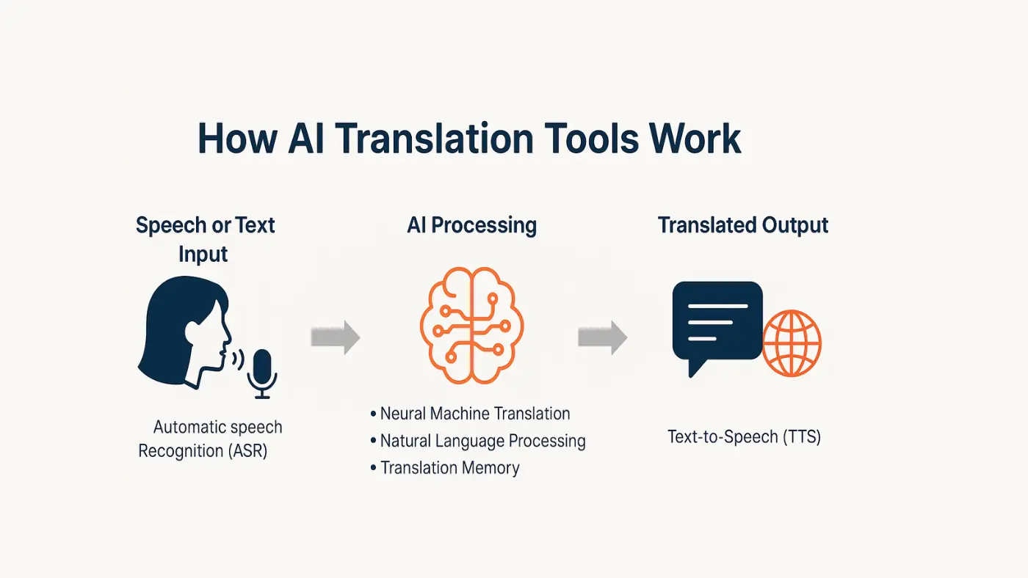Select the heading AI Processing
[471, 225]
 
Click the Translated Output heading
[743, 225]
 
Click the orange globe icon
[792, 343]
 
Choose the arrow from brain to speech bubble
[602, 337]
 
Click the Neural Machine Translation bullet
[474, 414]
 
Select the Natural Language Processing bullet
[482, 441]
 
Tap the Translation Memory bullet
[449, 468]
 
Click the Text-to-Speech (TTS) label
[744, 437]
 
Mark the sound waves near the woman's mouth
[236, 359]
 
